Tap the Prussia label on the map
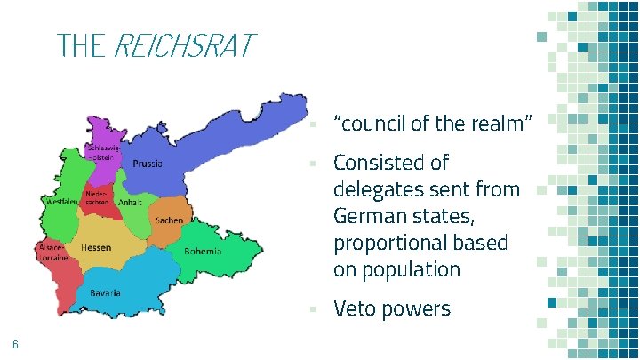tap(148, 164)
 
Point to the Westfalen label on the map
tap(60, 202)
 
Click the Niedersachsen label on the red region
tap(97, 198)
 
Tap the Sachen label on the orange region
tap(169, 220)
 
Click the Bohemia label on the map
tap(203, 252)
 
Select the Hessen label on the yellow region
tap(96, 248)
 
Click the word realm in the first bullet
tap(501, 124)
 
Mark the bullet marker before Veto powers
tap(313, 309)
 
